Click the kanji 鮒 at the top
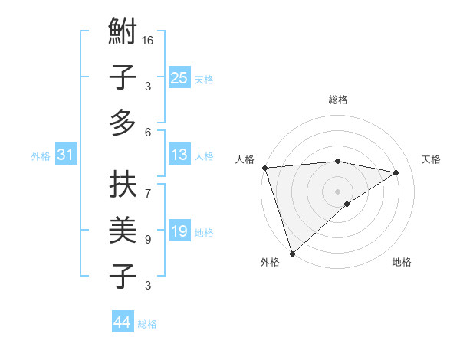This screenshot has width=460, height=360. point(123,33)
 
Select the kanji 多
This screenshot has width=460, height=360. point(123,123)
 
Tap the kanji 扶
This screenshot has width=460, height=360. point(123,185)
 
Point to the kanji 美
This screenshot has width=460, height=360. point(123,230)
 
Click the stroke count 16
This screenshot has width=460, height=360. point(148,40)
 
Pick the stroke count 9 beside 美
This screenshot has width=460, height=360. point(148,240)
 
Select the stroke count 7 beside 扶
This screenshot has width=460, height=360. point(148,185)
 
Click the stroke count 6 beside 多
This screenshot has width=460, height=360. point(148,132)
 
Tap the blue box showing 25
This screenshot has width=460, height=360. point(179,77)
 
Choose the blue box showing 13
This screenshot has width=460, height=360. point(179,155)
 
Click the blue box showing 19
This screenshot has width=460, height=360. point(179,231)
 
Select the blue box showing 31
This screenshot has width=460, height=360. point(66,155)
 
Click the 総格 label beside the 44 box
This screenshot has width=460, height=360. point(147,324)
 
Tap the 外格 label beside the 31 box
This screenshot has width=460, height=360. point(41,156)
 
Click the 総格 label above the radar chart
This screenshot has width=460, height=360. point(338,100)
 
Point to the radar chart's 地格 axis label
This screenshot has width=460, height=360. point(402,263)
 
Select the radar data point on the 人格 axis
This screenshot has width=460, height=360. point(264,168)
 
